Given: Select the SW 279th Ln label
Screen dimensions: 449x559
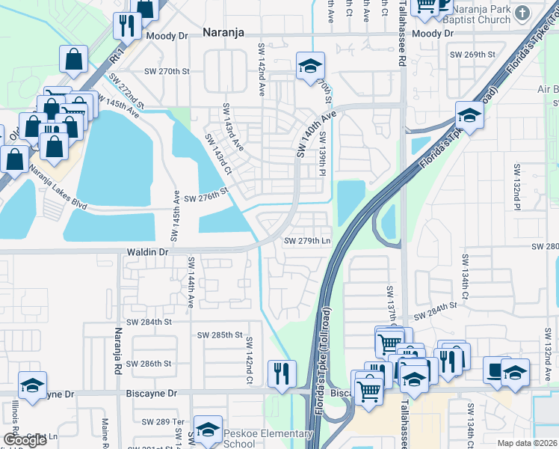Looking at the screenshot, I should pos(307,241).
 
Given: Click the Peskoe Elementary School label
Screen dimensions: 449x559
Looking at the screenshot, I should pos(270,439).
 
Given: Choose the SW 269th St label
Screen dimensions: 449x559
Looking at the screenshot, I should pos(472,55).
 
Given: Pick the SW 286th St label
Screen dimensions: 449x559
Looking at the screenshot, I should pos(148,363).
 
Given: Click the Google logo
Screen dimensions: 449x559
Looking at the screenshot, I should pos(25,441).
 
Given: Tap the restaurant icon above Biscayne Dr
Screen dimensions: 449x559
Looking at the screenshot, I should pos(281,373).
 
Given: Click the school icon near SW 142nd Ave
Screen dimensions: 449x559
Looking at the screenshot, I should pos(309,66).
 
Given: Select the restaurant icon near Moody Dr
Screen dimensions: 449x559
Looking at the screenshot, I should pos(126,26).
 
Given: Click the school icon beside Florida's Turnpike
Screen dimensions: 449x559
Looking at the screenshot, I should pos(469,115).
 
